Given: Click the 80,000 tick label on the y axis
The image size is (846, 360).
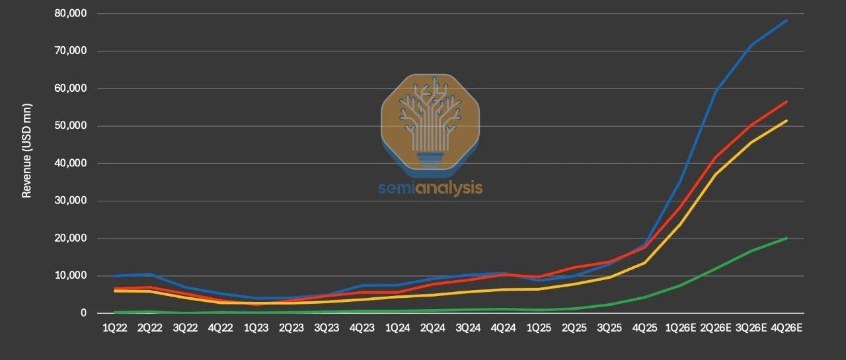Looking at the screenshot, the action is click(71, 13).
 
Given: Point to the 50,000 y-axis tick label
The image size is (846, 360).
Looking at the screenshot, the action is click(71, 126).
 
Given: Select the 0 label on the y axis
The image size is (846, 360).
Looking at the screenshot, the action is click(83, 313).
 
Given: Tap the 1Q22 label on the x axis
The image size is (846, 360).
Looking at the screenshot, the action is click(115, 328).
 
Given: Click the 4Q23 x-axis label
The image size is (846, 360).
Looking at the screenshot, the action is click(362, 328).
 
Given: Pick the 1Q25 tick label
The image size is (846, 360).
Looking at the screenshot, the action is click(539, 328).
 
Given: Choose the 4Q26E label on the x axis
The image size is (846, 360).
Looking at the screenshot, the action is click(787, 328).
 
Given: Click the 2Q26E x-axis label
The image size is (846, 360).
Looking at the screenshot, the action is click(716, 328).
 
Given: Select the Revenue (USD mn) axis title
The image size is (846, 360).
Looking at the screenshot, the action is click(26, 151).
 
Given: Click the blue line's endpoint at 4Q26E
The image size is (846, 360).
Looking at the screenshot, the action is click(787, 20).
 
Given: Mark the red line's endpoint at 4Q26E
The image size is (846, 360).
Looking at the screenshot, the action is click(787, 102).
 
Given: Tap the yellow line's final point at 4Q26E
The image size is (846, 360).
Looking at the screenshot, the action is click(787, 120).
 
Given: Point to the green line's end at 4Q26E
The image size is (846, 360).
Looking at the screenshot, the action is click(787, 238).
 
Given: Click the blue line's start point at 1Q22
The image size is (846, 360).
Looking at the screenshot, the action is click(115, 276).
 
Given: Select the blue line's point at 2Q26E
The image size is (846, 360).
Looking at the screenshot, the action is click(716, 90).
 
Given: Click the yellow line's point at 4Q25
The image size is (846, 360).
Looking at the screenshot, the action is click(645, 263).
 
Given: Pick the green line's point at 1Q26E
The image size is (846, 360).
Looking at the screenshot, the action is click(681, 285).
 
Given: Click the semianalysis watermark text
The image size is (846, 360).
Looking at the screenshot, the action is click(430, 188).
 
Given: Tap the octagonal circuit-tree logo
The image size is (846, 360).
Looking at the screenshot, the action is click(430, 126).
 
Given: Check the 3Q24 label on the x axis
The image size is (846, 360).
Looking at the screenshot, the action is click(468, 328).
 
